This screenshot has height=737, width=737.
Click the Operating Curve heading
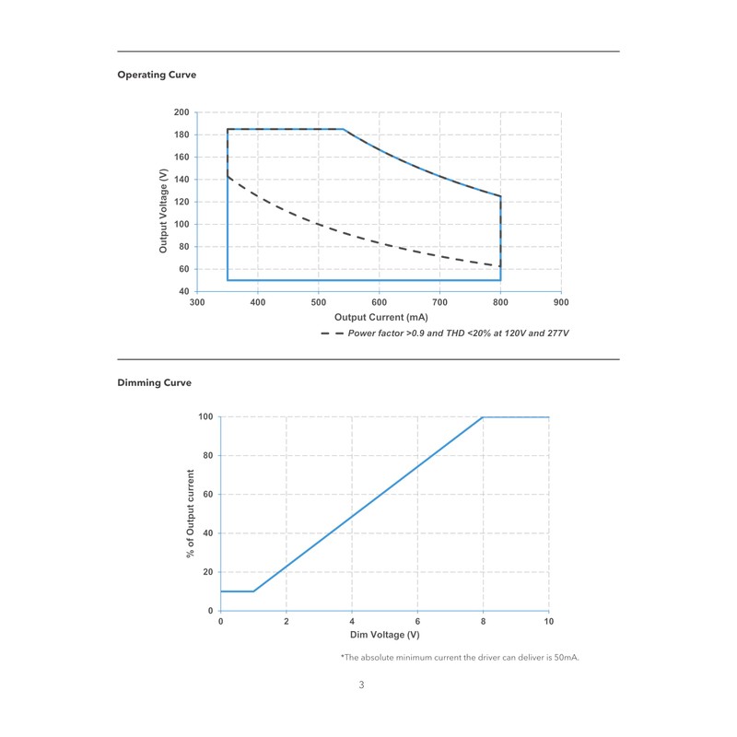point(157,75)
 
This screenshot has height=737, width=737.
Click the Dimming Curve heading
point(155,382)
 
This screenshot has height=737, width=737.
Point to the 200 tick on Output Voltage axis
point(181,112)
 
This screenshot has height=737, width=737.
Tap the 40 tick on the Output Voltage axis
point(184,291)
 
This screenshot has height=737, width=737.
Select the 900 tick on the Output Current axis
point(561,302)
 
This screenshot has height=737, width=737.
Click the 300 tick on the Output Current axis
point(197,302)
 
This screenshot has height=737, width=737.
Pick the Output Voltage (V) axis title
point(163,203)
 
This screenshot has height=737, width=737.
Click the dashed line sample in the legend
point(330,333)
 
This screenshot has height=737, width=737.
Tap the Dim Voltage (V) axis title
point(385,636)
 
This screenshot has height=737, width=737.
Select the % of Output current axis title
point(191,514)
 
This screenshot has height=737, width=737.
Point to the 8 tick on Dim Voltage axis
point(484,622)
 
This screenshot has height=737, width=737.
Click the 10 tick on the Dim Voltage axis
point(549,622)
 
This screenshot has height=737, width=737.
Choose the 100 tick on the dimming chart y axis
point(205,417)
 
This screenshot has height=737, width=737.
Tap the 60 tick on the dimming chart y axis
point(208,495)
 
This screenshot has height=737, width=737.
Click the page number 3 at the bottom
point(362,685)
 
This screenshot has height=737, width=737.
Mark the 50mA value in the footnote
point(566,658)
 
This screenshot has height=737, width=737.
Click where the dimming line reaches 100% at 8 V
point(484,417)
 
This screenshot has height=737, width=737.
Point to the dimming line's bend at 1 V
point(253,591)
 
